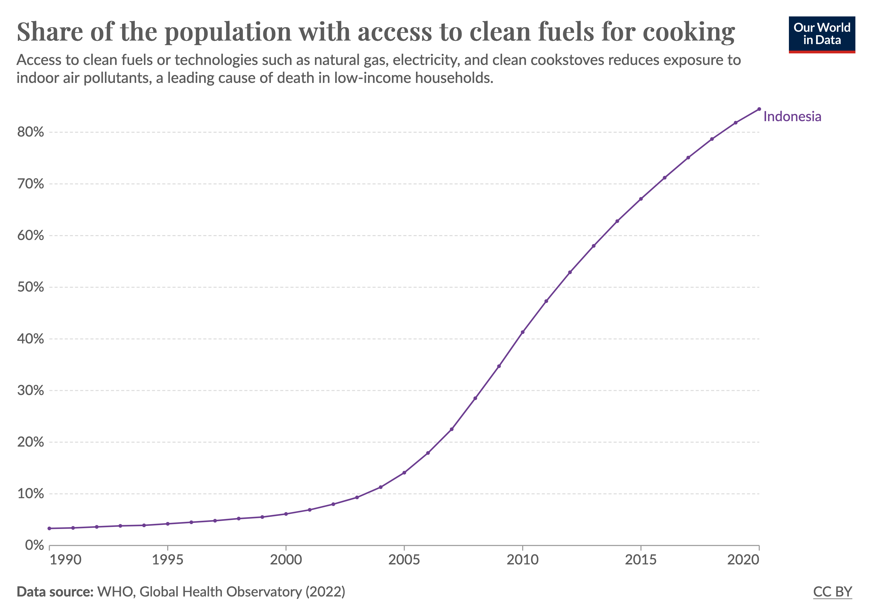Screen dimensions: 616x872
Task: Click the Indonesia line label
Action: pos(792,116)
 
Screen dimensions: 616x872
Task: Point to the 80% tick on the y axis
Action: pos(30,132)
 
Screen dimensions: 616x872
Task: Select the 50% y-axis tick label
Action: pos(30,287)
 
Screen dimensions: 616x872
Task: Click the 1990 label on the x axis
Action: pos(65,560)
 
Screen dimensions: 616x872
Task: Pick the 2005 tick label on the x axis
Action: pos(404,560)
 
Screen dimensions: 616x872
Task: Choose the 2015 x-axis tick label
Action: pos(641,560)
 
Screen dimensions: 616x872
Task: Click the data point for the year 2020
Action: pos(759,109)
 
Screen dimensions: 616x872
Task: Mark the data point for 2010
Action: pos(523,332)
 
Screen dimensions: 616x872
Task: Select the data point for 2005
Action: pos(404,473)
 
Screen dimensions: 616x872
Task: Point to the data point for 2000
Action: pos(286,514)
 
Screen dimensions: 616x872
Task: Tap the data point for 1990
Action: pos(49,528)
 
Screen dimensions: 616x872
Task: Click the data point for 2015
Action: pos(641,199)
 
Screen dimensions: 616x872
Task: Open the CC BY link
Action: pos(832,592)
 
